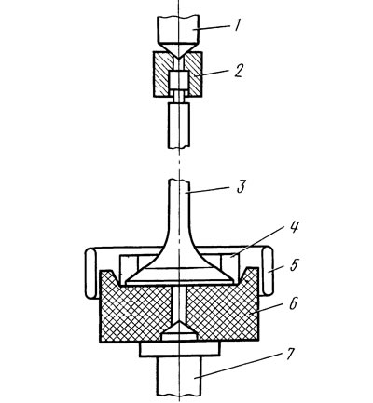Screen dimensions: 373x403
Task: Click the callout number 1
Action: point(237,24)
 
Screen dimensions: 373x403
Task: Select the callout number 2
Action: point(238,70)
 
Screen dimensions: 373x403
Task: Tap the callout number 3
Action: point(241,186)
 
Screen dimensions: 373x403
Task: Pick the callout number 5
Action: point(293,266)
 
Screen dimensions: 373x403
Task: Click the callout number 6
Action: point(293,303)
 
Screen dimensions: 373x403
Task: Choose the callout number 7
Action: point(289,353)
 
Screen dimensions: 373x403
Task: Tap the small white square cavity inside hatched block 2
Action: point(178,80)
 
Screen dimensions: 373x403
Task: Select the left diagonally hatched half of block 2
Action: point(162,74)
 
